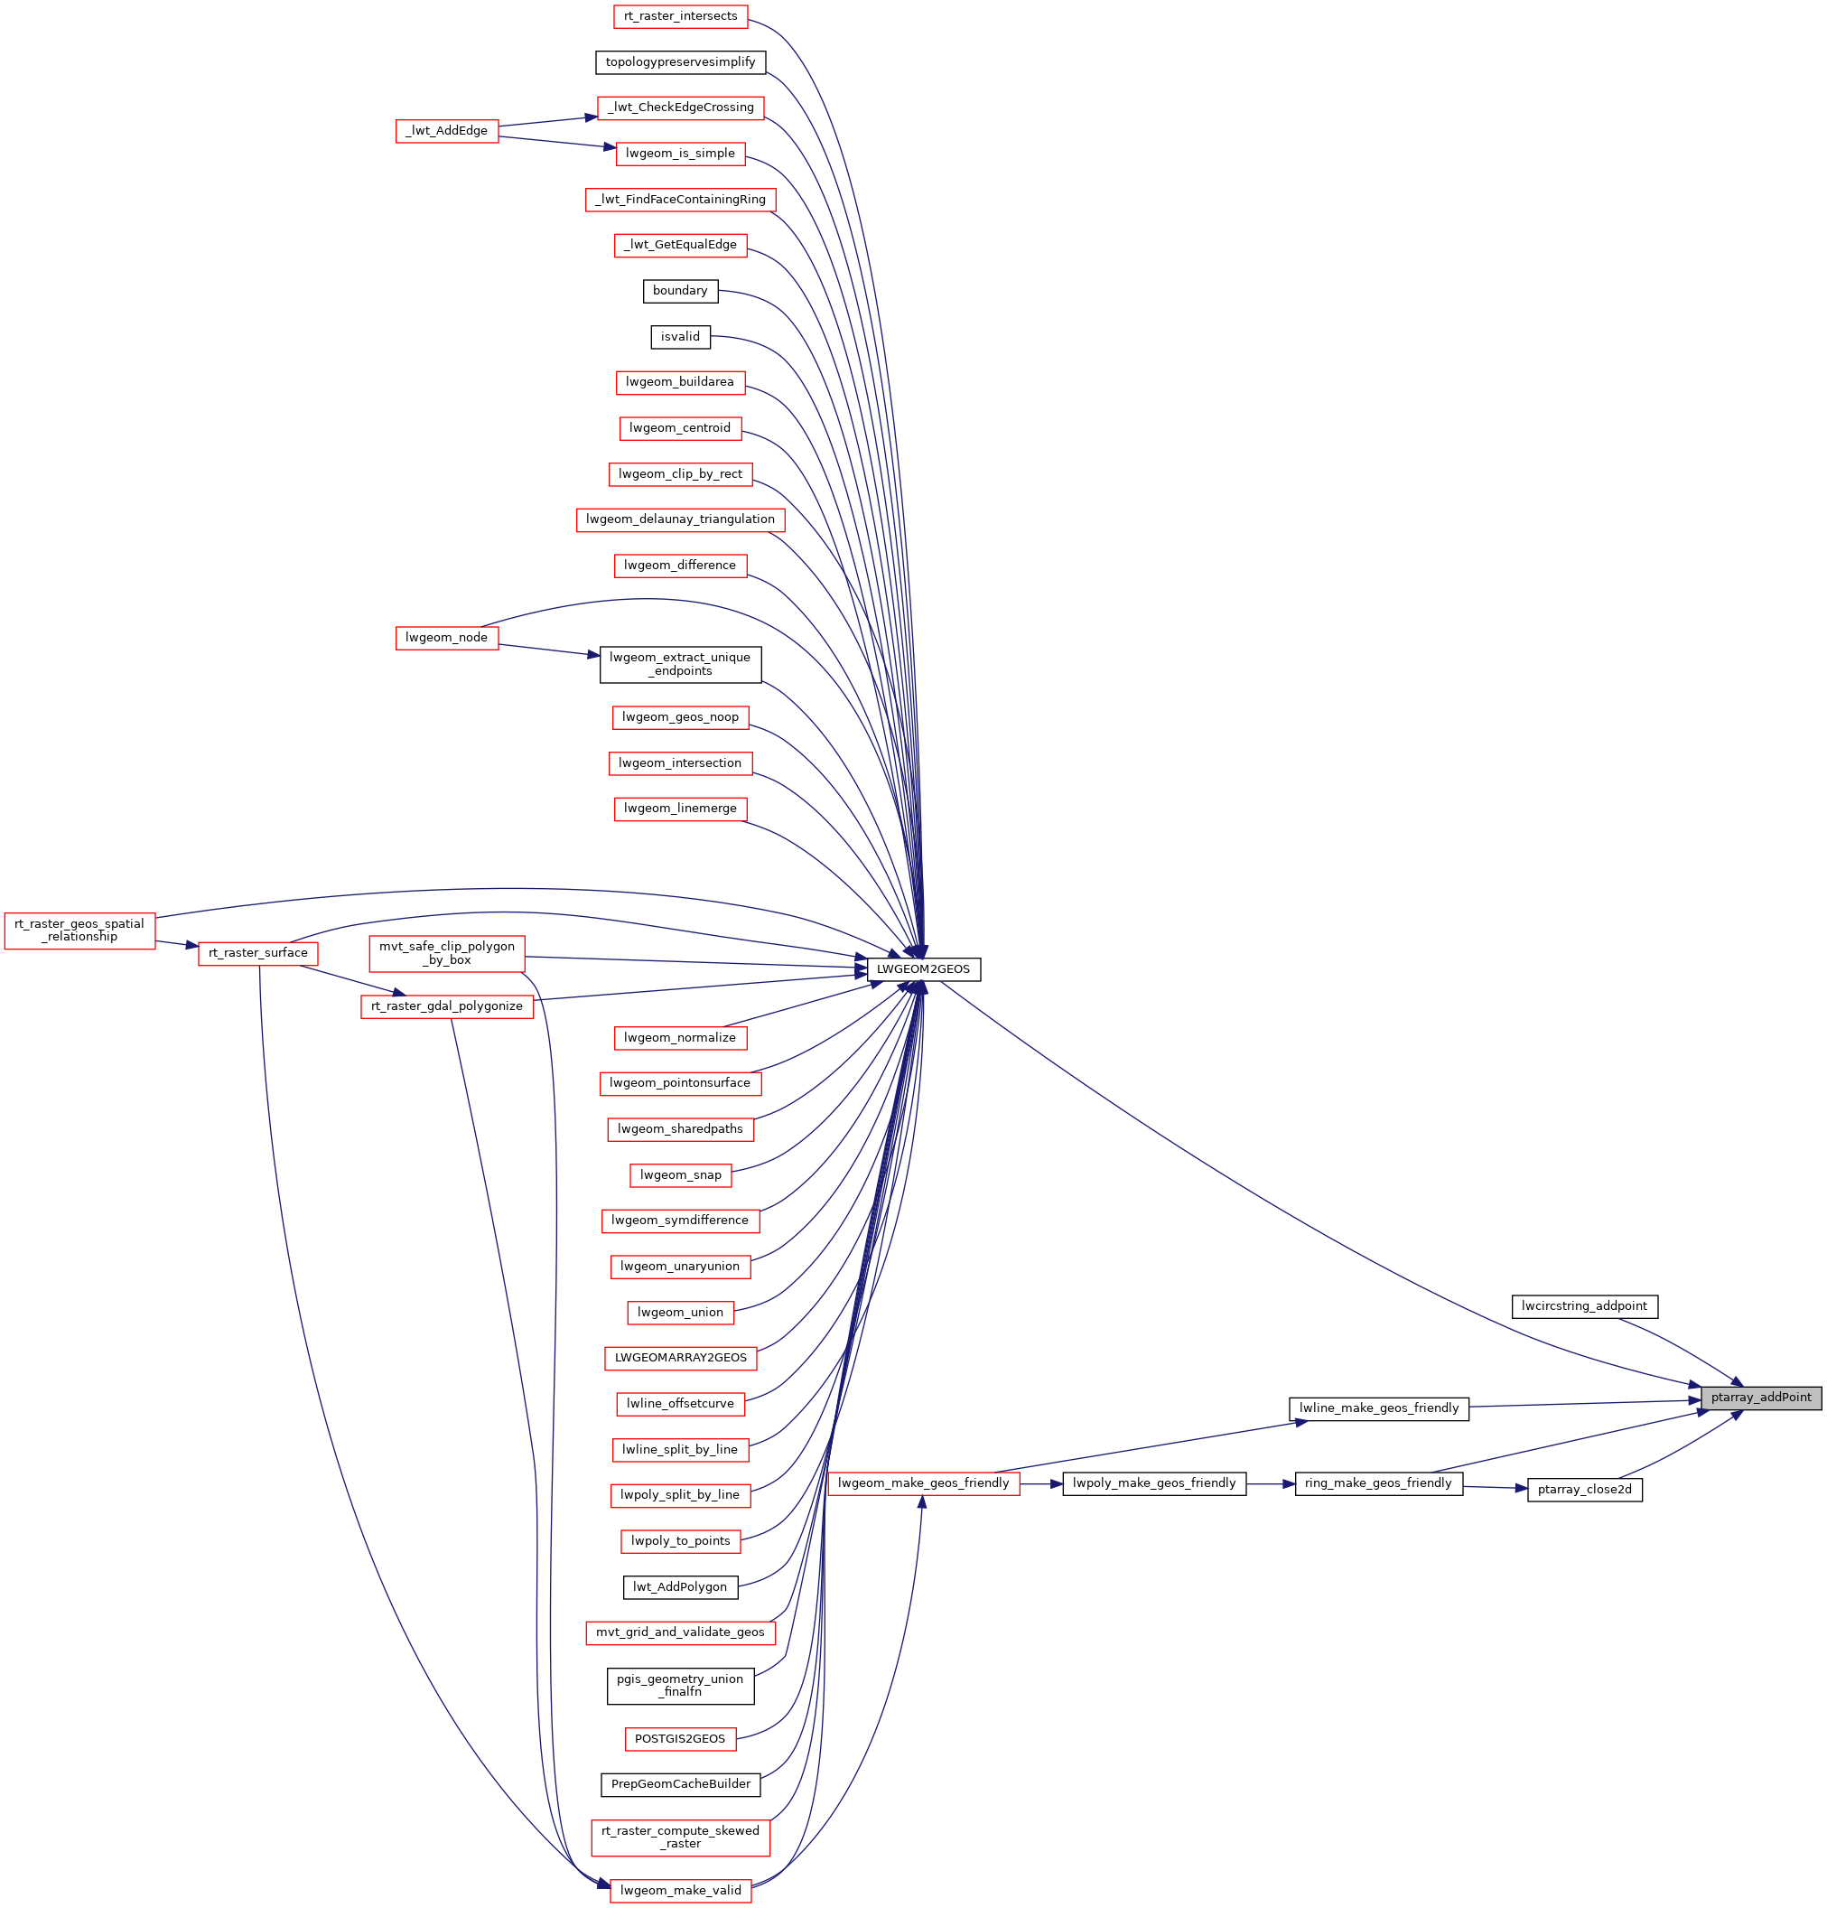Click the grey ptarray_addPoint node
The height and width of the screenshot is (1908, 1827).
(1761, 1398)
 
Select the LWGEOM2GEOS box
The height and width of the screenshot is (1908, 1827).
(923, 969)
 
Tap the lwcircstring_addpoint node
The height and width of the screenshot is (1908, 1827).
(1584, 1306)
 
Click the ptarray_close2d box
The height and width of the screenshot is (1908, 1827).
(1585, 1490)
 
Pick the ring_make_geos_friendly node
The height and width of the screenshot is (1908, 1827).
(1378, 1483)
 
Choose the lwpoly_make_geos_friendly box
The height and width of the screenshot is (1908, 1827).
(1154, 1483)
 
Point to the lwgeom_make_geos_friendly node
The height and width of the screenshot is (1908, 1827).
(924, 1483)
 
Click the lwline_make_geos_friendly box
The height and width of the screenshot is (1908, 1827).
(1379, 1408)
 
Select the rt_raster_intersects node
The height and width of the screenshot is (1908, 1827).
(680, 16)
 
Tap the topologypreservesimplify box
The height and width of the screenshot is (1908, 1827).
(680, 62)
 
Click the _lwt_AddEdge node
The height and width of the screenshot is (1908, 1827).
(447, 130)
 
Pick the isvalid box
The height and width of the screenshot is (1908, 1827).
(680, 337)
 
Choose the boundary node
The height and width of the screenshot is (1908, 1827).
(680, 291)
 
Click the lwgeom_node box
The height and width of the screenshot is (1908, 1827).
(447, 638)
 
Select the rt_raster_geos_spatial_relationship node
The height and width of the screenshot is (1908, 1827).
(79, 931)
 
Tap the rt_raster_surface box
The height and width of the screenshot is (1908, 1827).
(258, 953)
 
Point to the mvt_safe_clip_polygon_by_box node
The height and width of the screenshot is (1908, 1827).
(447, 953)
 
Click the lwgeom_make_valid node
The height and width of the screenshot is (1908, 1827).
(680, 1891)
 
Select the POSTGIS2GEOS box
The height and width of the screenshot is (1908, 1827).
(680, 1739)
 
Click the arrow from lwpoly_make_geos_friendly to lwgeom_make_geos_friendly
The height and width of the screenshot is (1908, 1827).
(1041, 1483)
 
